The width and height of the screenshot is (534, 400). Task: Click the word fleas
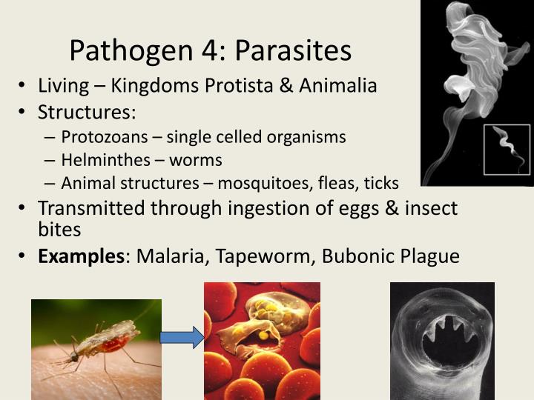[340, 183]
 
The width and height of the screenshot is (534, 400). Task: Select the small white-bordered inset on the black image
[506, 150]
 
